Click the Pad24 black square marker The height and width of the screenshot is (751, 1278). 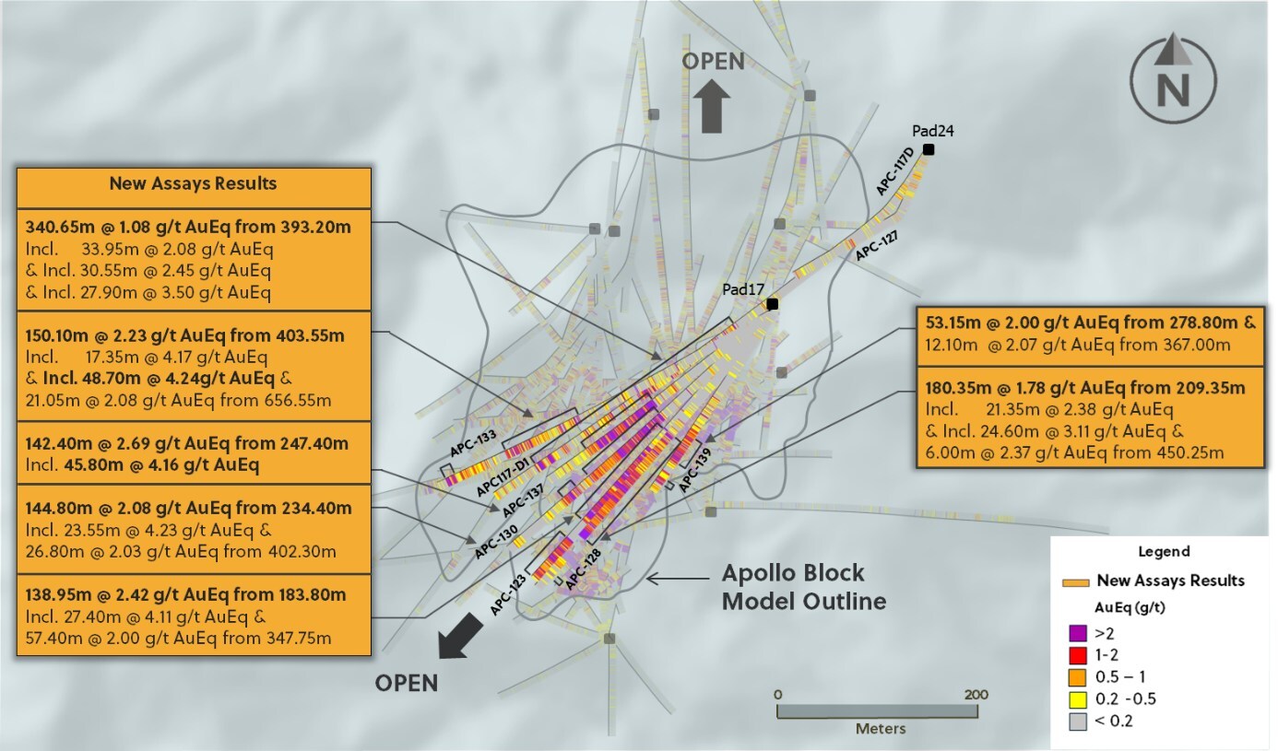[x=928, y=150]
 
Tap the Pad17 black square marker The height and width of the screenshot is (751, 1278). [x=773, y=304]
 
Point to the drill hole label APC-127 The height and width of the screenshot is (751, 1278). [x=876, y=247]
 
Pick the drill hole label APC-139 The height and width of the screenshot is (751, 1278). [x=696, y=472]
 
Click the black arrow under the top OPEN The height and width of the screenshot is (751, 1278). [x=711, y=104]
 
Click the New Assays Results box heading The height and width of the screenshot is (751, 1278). [x=193, y=183]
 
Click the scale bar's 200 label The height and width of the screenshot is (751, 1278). [x=976, y=694]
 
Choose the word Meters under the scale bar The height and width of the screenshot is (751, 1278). [x=881, y=728]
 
